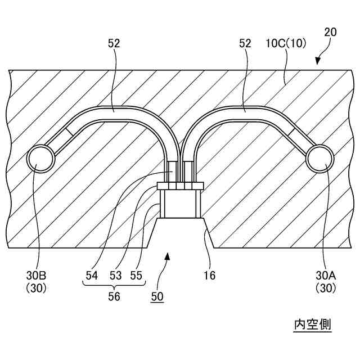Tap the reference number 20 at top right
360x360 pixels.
point(331,32)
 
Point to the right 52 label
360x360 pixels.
point(245,43)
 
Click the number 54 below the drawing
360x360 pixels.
point(92,276)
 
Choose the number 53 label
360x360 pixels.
point(114,276)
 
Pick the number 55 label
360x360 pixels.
point(136,276)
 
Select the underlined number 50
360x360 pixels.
point(157,297)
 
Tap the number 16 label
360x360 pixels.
point(209,276)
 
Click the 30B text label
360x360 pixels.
point(35,276)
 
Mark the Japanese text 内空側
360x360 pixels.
point(313,325)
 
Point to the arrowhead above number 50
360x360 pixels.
point(167,256)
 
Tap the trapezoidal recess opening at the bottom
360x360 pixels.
point(180,233)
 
